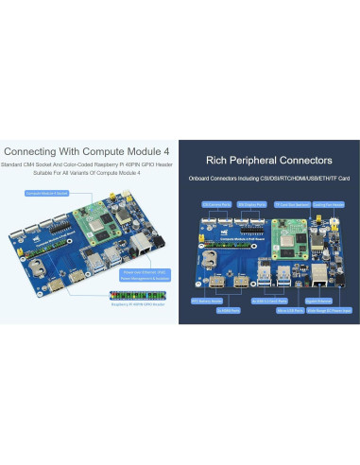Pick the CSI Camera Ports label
pyautogui.click(x=214, y=202)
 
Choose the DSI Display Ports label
pyautogui.click(x=249, y=202)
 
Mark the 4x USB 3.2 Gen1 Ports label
pyautogui.click(x=271, y=301)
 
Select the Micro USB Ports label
pyautogui.click(x=289, y=308)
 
